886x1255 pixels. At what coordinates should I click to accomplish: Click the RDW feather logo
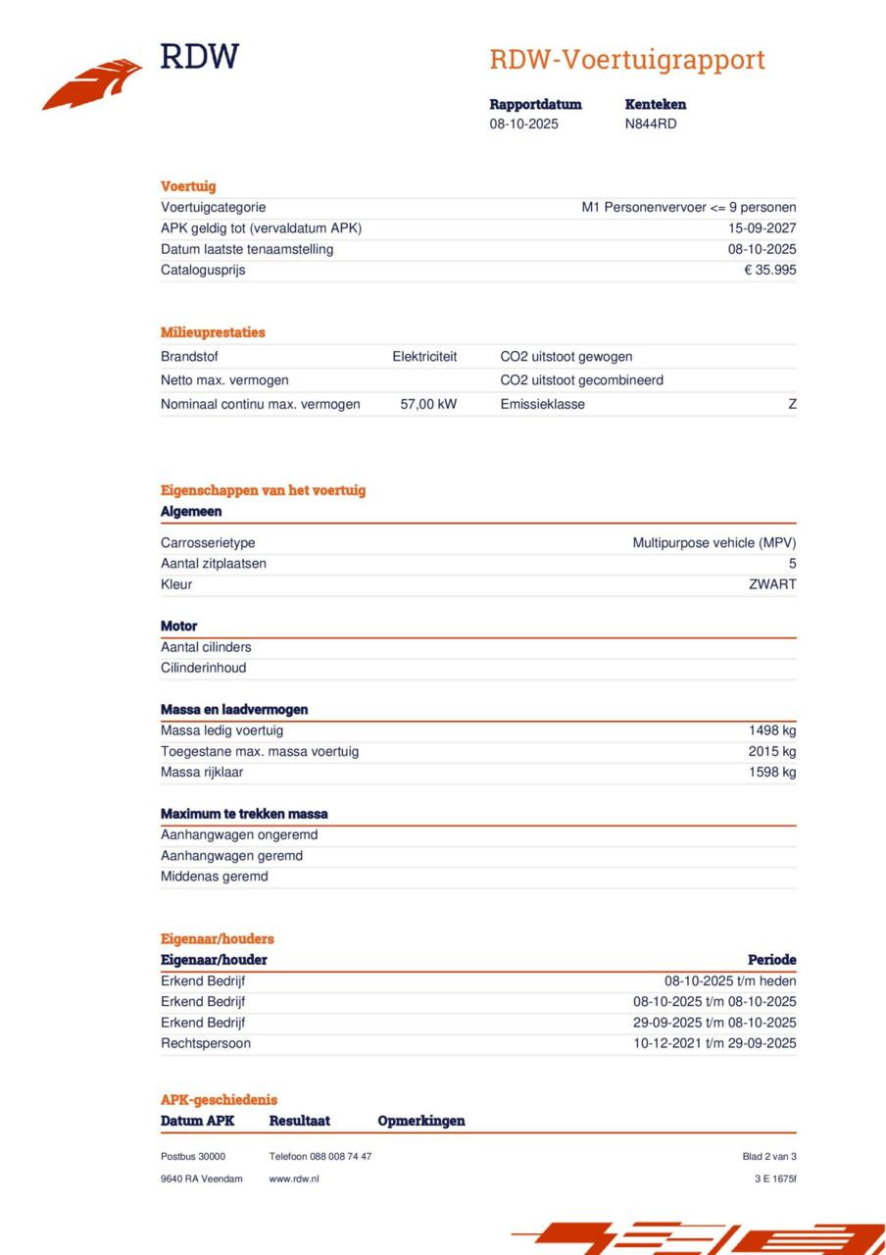tap(93, 83)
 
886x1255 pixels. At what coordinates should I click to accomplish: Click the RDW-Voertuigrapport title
tap(627, 60)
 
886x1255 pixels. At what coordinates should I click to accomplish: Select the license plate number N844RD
tap(651, 125)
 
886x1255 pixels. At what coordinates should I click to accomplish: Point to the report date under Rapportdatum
tap(524, 125)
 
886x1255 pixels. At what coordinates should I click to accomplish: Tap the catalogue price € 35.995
tap(769, 271)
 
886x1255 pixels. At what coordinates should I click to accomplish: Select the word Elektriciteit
tap(424, 357)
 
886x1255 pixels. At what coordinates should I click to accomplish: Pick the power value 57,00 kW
tap(428, 404)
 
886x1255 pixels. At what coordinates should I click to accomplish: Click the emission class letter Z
tap(792, 404)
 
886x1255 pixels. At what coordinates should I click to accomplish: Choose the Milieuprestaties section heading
tap(213, 332)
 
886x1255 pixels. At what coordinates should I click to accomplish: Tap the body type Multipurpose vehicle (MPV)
tap(714, 543)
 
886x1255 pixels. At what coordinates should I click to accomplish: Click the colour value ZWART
tap(772, 585)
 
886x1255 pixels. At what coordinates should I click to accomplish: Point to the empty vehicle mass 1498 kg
tap(772, 730)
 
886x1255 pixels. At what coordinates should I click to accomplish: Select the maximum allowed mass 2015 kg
tap(772, 752)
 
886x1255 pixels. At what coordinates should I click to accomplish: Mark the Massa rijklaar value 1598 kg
tap(772, 773)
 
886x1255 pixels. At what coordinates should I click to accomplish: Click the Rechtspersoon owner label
tap(206, 1044)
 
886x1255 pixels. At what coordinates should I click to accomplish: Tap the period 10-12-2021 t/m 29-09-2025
tap(714, 1044)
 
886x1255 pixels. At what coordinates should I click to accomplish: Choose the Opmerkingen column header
tap(421, 1121)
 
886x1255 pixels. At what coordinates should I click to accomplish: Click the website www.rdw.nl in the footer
tap(294, 1179)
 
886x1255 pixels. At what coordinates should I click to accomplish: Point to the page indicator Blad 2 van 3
tap(769, 1157)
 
